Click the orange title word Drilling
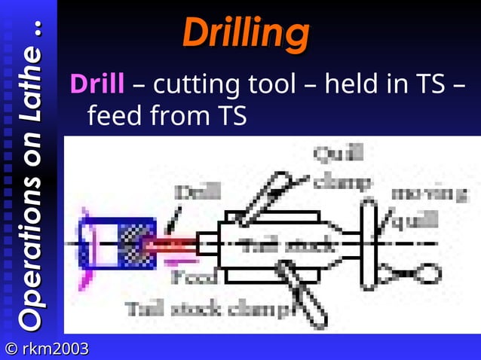click(x=245, y=33)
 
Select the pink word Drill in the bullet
click(x=97, y=84)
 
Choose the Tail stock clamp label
click(x=207, y=308)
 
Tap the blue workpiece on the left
click(x=117, y=243)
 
